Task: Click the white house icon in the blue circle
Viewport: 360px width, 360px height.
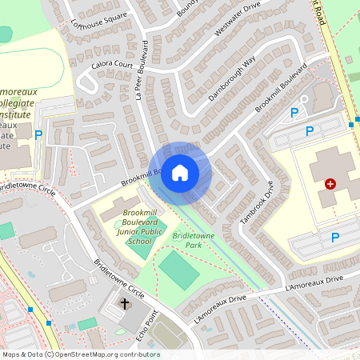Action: coord(180,172)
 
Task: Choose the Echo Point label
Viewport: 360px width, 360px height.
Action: coord(145,328)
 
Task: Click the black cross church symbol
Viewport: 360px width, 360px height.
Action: coord(125,303)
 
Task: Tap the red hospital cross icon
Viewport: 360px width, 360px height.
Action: coord(330,184)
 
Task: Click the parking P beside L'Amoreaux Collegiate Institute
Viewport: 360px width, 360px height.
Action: coord(38,134)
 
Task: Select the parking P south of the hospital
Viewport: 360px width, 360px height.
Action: coord(335,236)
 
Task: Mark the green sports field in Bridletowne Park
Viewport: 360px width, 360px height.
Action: coord(179,270)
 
